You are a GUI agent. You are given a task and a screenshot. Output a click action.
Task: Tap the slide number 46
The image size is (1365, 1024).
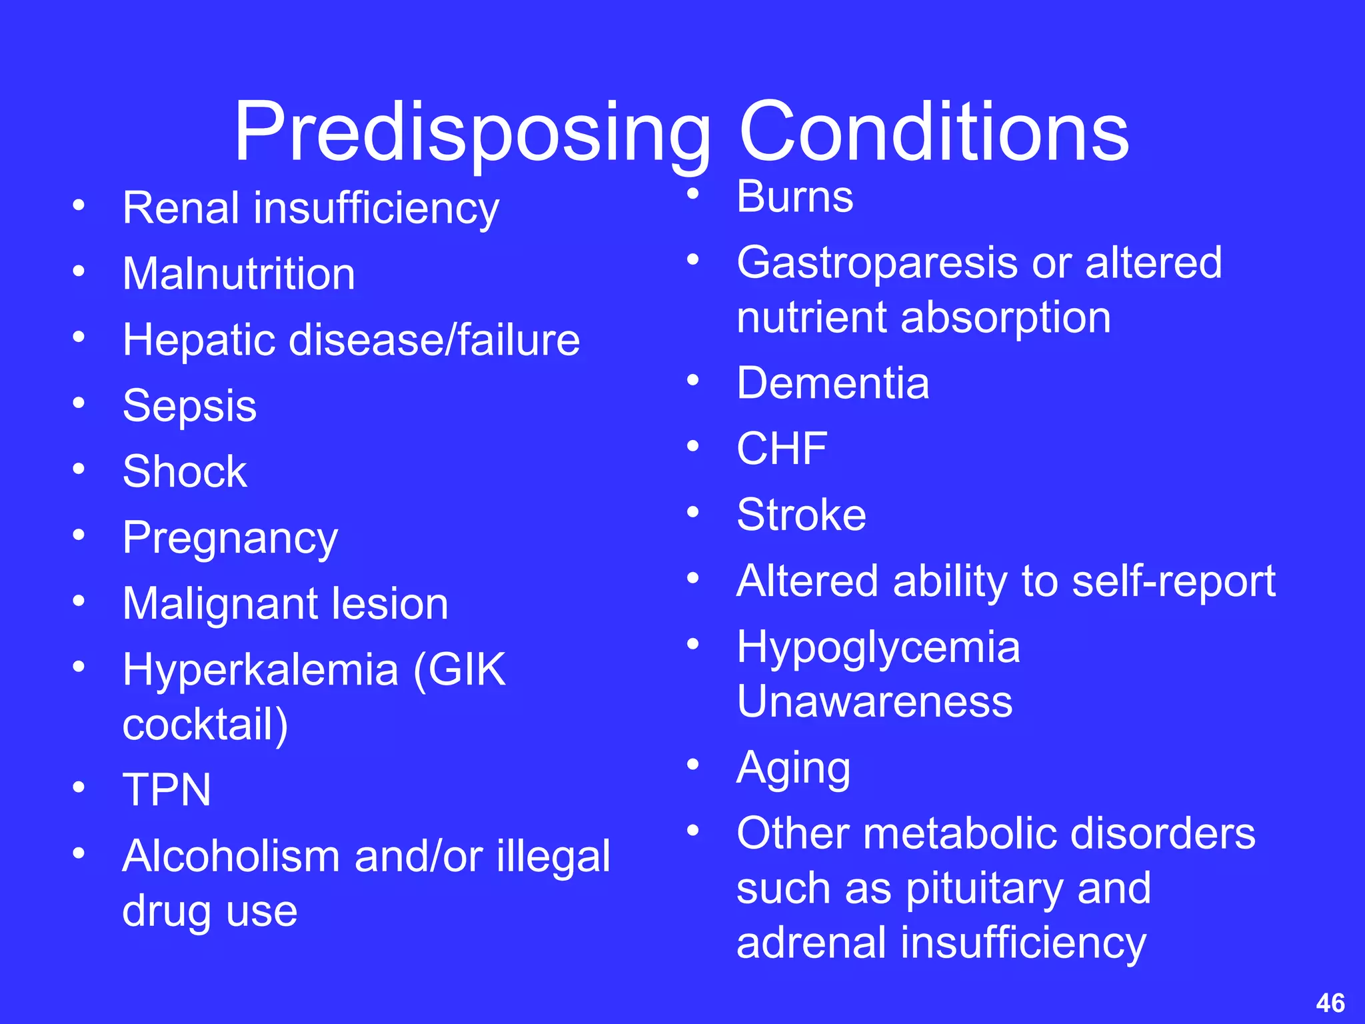1330,1003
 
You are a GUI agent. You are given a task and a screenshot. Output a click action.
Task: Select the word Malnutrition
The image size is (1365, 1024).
239,274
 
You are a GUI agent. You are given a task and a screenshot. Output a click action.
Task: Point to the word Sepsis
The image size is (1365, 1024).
189,406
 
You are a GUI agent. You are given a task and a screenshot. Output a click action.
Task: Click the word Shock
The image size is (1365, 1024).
185,471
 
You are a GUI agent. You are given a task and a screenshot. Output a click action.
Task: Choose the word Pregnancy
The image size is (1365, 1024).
230,539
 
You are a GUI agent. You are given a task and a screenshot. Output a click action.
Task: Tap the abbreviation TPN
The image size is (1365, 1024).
167,790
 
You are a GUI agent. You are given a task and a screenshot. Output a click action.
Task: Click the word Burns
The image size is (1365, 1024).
794,197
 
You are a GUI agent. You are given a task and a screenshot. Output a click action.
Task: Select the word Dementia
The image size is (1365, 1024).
832,383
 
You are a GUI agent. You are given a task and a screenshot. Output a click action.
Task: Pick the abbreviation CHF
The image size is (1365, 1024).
782,448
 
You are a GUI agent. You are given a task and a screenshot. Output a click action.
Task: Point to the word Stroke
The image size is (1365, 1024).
801,515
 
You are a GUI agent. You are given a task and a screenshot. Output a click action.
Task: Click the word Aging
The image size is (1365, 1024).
793,769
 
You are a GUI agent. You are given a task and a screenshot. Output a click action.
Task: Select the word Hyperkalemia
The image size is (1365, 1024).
260,671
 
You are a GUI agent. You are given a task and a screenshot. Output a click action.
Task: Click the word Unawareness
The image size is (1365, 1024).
874,701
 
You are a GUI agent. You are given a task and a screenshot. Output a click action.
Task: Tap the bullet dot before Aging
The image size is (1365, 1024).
693,764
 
